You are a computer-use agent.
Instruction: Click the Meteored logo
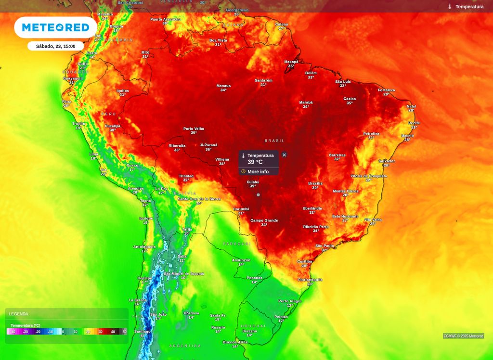55,27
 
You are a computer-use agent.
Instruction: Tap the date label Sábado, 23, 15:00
56,46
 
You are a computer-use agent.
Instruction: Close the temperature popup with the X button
284,155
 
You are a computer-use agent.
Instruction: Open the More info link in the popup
258,172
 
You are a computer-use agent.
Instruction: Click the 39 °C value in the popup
255,162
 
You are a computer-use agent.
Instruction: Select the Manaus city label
223,86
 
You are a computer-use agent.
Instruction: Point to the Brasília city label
315,183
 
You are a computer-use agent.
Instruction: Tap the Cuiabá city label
253,182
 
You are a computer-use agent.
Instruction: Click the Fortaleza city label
386,90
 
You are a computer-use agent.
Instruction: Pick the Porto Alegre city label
290,301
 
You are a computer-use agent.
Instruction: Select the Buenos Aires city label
235,342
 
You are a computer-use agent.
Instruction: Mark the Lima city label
94,154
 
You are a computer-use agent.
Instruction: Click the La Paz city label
161,189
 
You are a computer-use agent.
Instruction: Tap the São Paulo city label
324,246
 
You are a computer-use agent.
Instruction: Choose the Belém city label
311,73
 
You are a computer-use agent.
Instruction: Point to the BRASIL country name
274,141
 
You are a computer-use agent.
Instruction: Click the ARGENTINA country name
185,346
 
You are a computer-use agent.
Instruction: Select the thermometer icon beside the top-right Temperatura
450,7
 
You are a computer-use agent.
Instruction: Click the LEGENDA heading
19,314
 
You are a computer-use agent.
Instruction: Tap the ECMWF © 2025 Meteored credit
463,336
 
